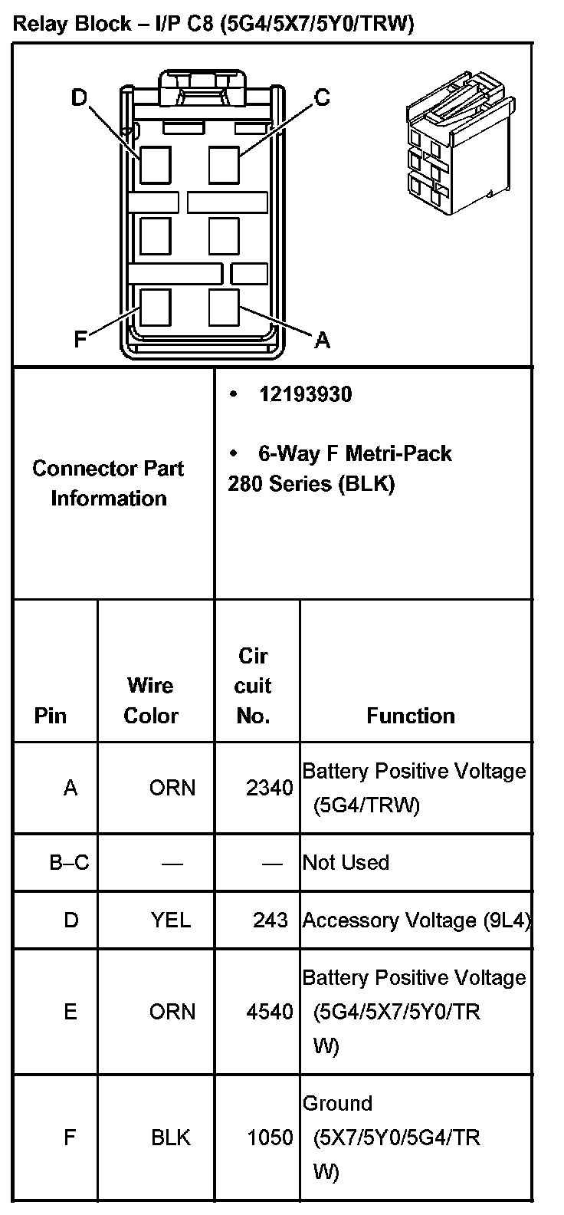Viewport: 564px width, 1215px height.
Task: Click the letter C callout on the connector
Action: tap(322, 97)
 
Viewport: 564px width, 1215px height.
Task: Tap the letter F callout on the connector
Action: tap(80, 339)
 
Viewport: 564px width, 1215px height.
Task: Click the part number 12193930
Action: tap(305, 394)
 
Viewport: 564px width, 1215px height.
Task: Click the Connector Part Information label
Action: tap(108, 483)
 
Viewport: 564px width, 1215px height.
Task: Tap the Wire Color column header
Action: tap(151, 700)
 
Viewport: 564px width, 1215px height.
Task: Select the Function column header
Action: tap(411, 716)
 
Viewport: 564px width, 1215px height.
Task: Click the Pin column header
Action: tap(51, 716)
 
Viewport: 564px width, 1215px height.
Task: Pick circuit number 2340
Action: tap(269, 788)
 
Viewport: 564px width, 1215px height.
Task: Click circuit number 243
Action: tap(270, 920)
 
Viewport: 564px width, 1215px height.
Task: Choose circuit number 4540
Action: tap(269, 1012)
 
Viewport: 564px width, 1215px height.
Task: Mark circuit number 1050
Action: tap(269, 1137)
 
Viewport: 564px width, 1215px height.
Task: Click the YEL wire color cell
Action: tap(171, 920)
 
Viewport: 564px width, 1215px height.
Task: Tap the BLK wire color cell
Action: tap(171, 1137)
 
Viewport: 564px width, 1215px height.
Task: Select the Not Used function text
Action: tap(346, 862)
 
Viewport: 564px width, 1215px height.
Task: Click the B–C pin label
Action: tap(69, 862)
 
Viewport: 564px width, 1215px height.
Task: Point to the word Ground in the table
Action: tap(337, 1104)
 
